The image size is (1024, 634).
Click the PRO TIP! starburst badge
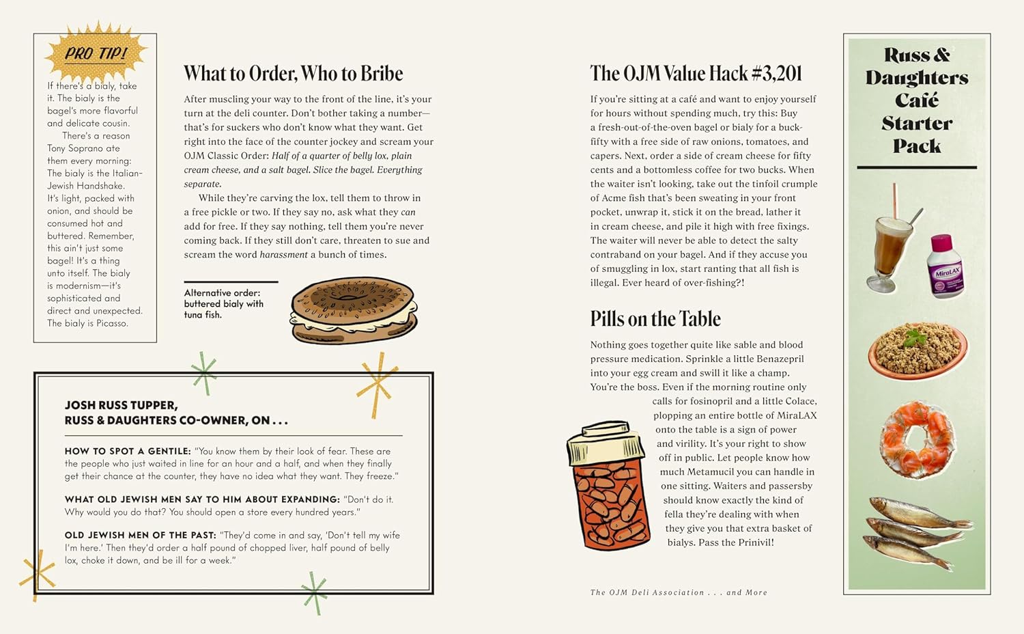point(96,53)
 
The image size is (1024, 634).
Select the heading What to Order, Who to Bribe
point(293,74)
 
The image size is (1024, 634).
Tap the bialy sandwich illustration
point(354,309)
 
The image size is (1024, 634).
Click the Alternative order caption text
point(223,303)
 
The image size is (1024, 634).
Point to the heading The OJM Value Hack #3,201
point(696,74)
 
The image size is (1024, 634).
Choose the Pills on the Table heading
point(655,319)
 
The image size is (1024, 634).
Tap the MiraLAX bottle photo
point(946,266)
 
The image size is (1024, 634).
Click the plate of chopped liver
point(917,350)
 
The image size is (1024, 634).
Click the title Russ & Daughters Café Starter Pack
point(917,100)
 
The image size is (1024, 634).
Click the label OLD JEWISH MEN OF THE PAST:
point(140,536)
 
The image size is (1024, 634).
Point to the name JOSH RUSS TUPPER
point(121,405)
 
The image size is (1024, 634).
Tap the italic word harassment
point(283,255)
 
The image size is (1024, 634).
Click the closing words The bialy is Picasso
point(87,323)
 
